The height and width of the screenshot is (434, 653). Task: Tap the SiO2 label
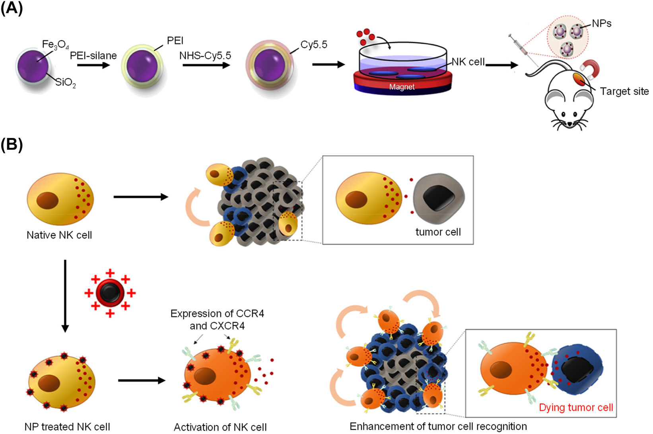(x=65, y=83)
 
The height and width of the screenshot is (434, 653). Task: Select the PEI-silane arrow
(x=93, y=65)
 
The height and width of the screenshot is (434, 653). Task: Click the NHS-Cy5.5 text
(x=205, y=56)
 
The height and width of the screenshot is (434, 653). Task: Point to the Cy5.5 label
(x=313, y=45)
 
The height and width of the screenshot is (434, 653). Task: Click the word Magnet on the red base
(x=402, y=87)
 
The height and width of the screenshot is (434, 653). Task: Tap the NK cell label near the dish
(x=468, y=62)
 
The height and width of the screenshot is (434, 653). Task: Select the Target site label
(x=624, y=91)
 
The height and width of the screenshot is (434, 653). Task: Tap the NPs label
(x=601, y=23)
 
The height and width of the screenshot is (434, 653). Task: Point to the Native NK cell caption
(x=59, y=235)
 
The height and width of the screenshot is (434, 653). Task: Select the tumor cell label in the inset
(x=438, y=232)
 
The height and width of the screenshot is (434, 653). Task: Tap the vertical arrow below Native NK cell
(x=65, y=296)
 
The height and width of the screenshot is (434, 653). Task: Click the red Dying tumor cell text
(x=575, y=407)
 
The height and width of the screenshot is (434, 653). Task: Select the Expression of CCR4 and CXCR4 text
(x=217, y=320)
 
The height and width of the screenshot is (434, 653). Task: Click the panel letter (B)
(x=12, y=145)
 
